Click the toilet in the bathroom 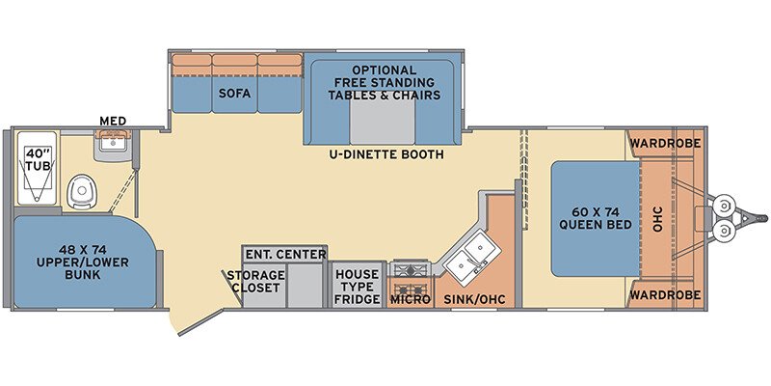click(83, 191)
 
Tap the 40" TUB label click(39, 159)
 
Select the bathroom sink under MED click(113, 144)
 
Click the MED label click(113, 121)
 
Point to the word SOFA click(234, 93)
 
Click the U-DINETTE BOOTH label click(386, 154)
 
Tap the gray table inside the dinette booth click(382, 124)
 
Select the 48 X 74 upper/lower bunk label click(83, 262)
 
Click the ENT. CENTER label click(285, 255)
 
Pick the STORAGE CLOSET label click(255, 282)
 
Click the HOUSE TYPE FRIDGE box click(358, 286)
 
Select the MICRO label click(411, 299)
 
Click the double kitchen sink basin click(471, 259)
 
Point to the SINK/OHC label click(474, 299)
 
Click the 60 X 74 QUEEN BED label click(595, 219)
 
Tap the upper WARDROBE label click(665, 144)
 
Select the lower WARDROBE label click(665, 295)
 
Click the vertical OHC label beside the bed click(658, 219)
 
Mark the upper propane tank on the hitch click(724, 204)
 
